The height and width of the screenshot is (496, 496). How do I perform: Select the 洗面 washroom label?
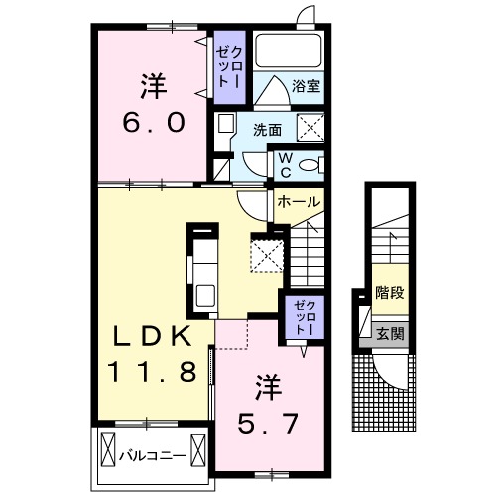[266, 129]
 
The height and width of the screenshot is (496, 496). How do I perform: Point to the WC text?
[283, 163]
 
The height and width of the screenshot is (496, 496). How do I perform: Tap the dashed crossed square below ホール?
[266, 252]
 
